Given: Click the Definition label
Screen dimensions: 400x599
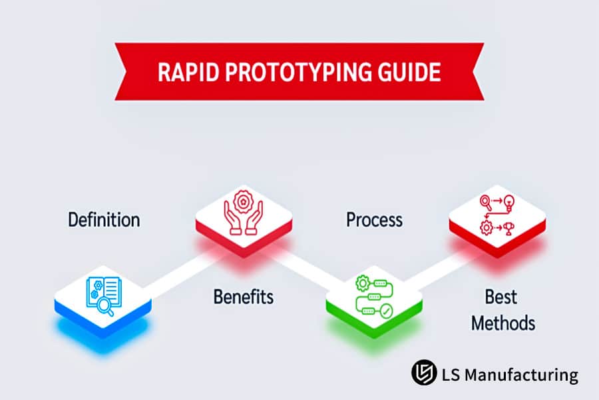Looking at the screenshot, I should point(104,219).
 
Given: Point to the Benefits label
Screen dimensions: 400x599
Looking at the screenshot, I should point(243,297).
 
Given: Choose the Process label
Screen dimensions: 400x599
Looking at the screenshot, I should point(374,219).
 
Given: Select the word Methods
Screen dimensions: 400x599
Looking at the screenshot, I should point(502,323).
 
